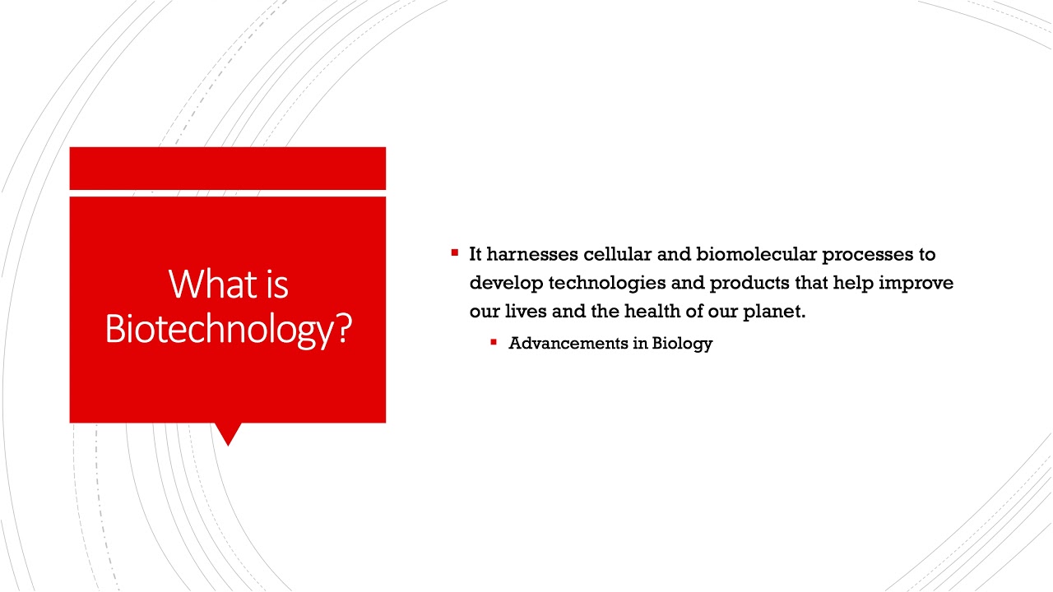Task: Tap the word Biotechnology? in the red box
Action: coord(228,329)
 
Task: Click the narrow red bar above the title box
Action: coord(228,169)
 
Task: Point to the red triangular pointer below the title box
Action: coord(228,433)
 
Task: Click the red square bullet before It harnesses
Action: coord(454,253)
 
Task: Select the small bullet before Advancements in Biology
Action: coord(494,342)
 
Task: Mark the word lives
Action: coord(525,312)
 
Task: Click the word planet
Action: coord(773,312)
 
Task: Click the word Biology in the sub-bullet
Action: coord(682,344)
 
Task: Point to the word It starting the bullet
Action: coord(475,254)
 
